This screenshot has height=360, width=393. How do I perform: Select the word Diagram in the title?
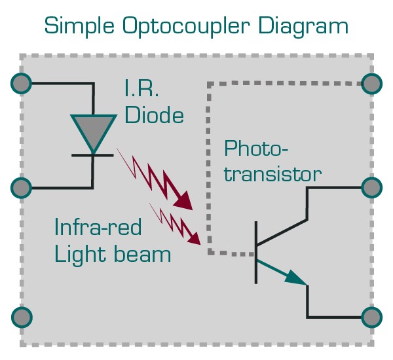(x=303, y=27)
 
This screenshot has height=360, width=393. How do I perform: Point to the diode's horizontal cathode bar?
(x=92, y=155)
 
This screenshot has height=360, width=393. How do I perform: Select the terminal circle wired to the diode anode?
(x=22, y=83)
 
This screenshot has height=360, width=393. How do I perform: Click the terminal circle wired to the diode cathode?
(x=22, y=189)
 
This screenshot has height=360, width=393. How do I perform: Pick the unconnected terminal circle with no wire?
(x=22, y=317)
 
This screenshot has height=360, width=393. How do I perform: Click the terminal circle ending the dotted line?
(x=371, y=83)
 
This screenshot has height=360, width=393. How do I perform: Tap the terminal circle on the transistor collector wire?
(x=371, y=188)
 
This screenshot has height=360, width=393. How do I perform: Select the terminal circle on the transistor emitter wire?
(x=371, y=317)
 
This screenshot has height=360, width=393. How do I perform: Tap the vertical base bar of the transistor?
(x=256, y=253)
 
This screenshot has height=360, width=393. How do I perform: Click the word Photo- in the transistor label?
(x=256, y=149)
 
